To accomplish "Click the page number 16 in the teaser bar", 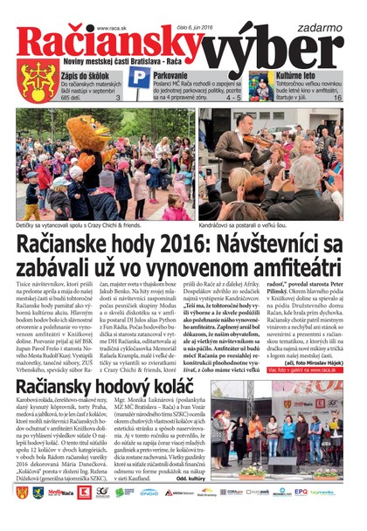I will point(337,100).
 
